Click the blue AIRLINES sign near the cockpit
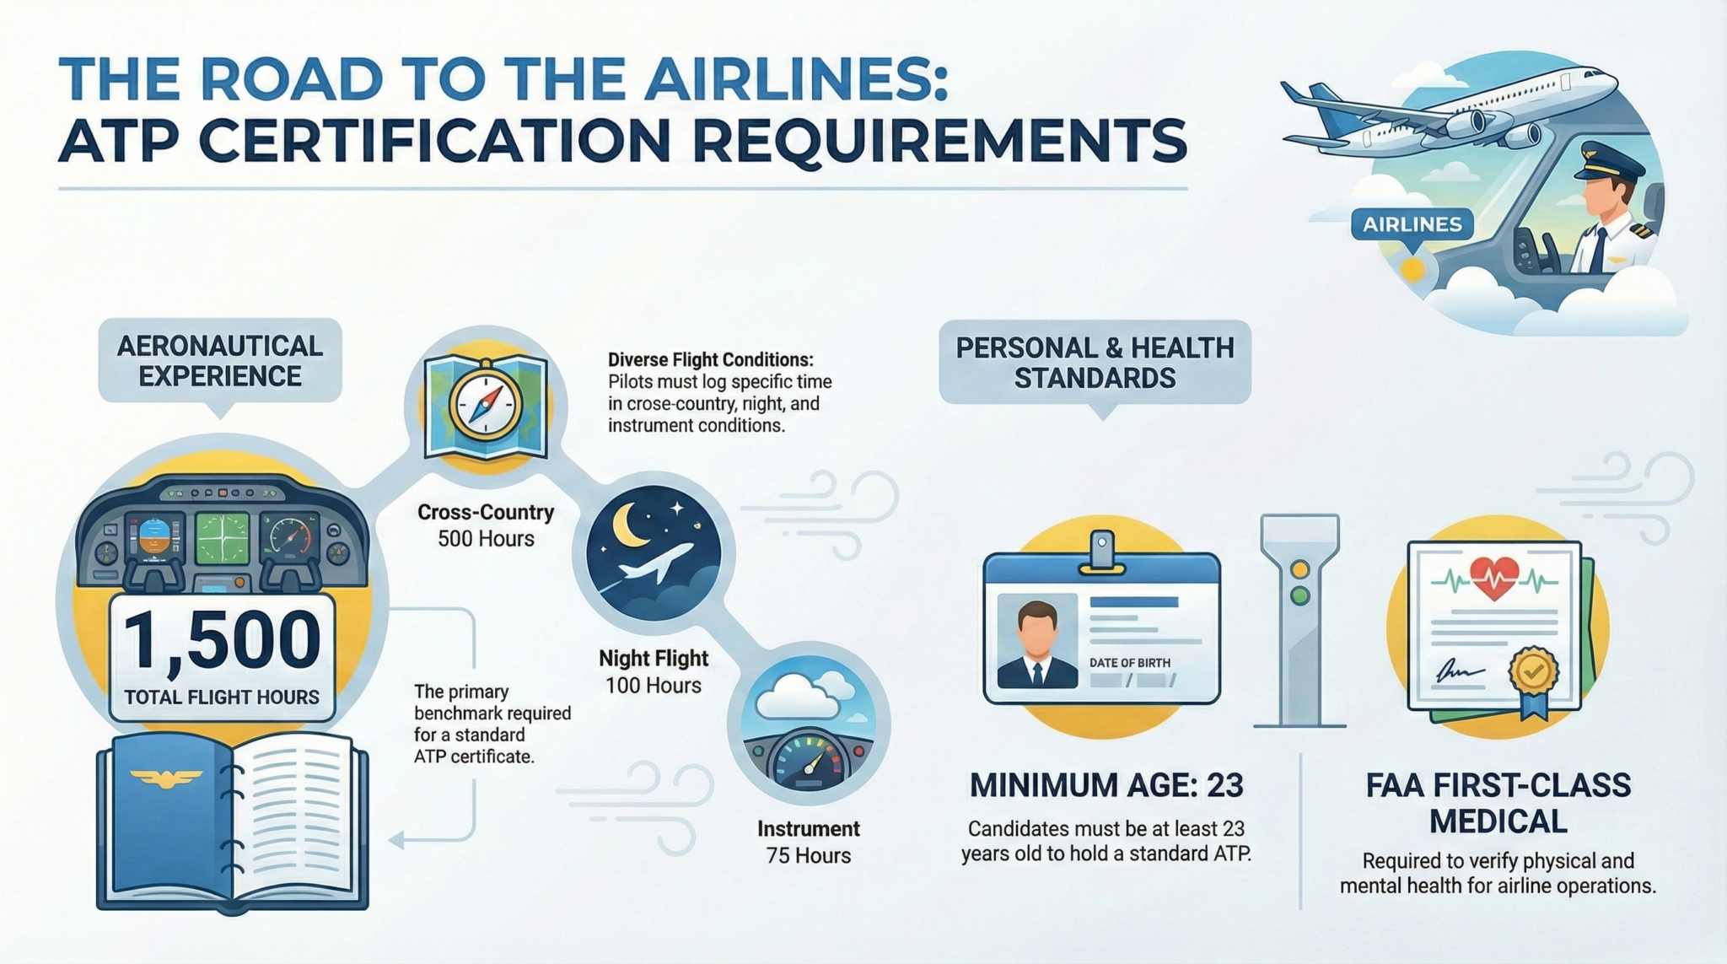click(x=1412, y=224)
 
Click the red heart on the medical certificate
click(x=1494, y=578)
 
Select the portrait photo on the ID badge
click(x=1037, y=641)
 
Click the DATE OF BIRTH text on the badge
click(x=1130, y=663)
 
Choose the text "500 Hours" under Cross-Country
click(x=486, y=539)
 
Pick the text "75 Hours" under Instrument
click(x=809, y=855)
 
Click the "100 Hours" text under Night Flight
click(x=654, y=686)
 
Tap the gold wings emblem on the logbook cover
click(x=166, y=778)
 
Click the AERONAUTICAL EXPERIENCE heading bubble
click(x=220, y=361)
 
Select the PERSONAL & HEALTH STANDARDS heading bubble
click(x=1095, y=363)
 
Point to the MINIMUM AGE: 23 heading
click(x=1106, y=785)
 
